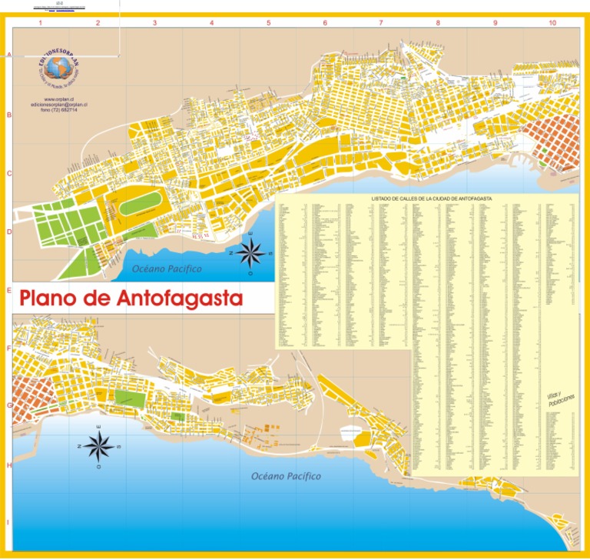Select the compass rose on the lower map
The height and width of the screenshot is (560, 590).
[99, 446]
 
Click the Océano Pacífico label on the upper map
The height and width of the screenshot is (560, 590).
[167, 269]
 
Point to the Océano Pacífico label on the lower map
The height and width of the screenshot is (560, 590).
[286, 476]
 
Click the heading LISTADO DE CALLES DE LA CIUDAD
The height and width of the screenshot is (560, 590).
[432, 198]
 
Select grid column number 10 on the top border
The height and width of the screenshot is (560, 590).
[552, 23]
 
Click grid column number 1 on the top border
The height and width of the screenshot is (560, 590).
[40, 23]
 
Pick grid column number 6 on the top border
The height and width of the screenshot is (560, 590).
[324, 23]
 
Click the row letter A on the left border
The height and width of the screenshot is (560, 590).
[9, 55]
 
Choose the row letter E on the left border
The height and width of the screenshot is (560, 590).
[9, 291]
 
